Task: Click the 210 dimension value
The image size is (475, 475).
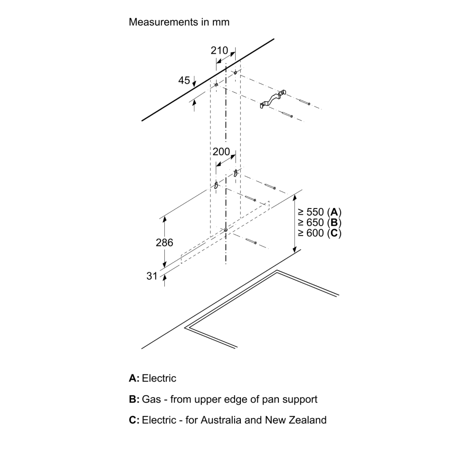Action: [x=219, y=50]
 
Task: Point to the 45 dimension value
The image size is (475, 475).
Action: [x=184, y=80]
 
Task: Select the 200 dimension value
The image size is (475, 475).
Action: [x=221, y=152]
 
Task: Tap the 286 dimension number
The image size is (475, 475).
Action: [x=164, y=242]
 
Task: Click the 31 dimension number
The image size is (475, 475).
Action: [x=152, y=276]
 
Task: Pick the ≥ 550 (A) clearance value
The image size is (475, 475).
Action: [x=320, y=212]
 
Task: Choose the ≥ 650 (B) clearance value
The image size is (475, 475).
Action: [x=320, y=222]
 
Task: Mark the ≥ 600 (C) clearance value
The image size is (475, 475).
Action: [x=320, y=233]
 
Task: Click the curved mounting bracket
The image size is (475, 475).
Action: [x=273, y=99]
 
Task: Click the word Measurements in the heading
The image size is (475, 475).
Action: [x=163, y=22]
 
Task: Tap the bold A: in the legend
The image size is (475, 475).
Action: [x=134, y=379]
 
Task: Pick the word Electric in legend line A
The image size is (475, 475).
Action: [x=159, y=379]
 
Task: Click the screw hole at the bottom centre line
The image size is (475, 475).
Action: [x=226, y=230]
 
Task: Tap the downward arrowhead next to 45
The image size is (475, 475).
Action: [x=194, y=83]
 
